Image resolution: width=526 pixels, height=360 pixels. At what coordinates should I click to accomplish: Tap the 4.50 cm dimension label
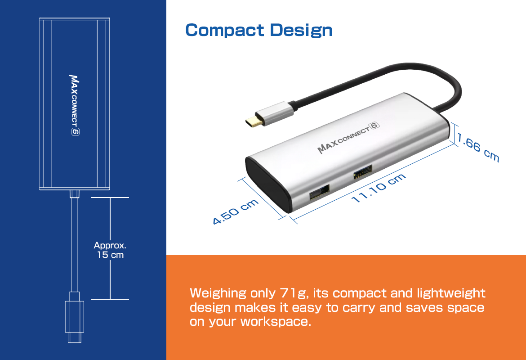[236, 211]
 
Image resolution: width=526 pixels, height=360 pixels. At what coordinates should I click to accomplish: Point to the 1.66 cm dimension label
[478, 147]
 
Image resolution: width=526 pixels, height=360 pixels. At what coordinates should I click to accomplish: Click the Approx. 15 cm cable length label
[110, 250]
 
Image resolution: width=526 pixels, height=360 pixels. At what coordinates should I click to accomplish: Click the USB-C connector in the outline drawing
[75, 317]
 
